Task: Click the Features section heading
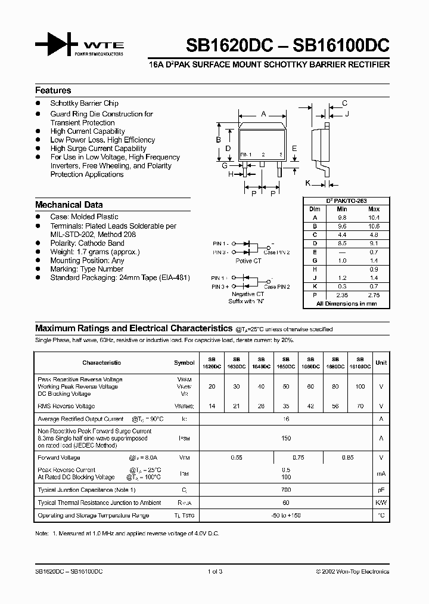[x=53, y=91]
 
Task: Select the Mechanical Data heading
[x=69, y=205]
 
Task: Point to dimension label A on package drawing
[x=263, y=113]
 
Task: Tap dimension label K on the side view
[x=309, y=183]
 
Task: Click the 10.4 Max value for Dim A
[x=374, y=218]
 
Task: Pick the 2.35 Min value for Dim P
[x=341, y=295]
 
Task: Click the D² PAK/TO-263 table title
[x=346, y=201]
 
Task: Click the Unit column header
[x=381, y=362]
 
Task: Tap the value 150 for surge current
[x=286, y=439]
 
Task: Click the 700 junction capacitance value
[x=286, y=489]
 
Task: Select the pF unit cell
[x=381, y=489]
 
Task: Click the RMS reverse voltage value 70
[x=359, y=406]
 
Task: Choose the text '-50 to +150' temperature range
[x=286, y=515]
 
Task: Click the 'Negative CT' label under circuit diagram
[x=247, y=294]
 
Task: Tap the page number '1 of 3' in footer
[x=214, y=571]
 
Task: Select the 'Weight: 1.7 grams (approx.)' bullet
[x=95, y=252]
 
